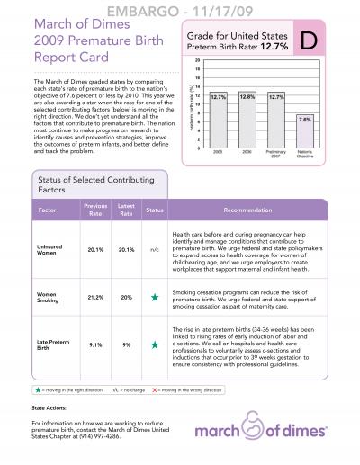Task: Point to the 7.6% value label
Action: [305, 119]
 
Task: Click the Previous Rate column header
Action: [95, 210]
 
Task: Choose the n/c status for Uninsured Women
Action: [154, 250]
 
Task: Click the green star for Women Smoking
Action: [154, 296]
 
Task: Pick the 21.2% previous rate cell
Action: [95, 296]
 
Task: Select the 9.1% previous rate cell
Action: [95, 344]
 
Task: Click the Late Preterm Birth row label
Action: [49, 344]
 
